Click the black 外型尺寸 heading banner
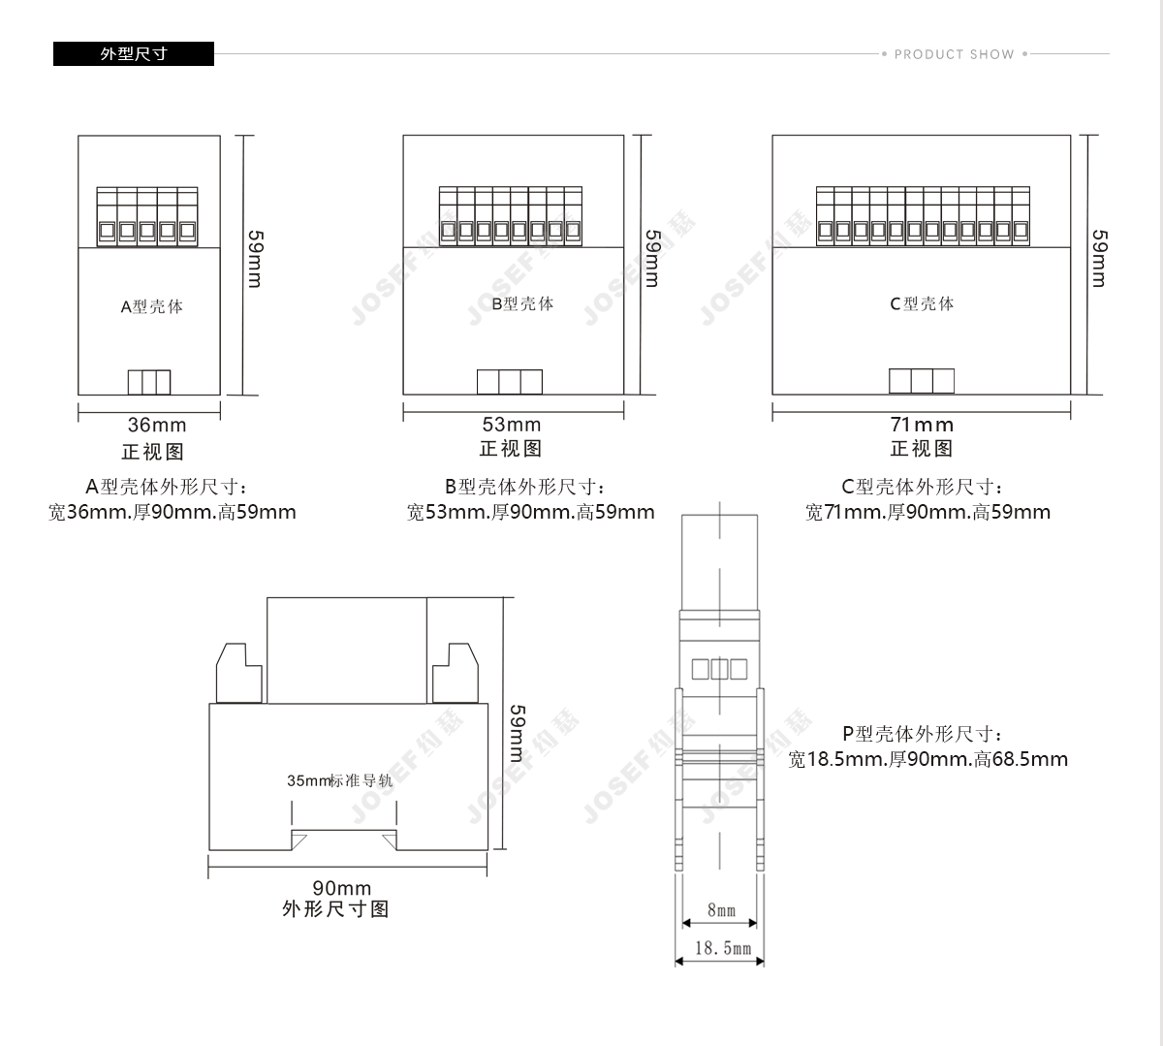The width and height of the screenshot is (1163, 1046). [x=134, y=53]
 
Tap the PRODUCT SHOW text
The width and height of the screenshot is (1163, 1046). [x=955, y=54]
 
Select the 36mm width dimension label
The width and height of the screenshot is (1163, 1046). [x=157, y=426]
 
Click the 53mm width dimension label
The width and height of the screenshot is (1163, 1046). [x=512, y=425]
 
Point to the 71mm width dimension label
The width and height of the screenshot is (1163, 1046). [x=922, y=425]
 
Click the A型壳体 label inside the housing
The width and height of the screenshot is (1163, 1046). [x=152, y=306]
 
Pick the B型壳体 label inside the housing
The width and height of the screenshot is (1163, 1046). [x=522, y=303]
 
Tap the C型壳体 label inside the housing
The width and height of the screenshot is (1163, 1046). [x=922, y=303]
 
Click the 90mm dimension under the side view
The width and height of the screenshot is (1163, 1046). [x=341, y=888]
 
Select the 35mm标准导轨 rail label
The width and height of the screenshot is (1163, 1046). [x=340, y=780]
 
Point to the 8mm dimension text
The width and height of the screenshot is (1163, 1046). [x=721, y=910]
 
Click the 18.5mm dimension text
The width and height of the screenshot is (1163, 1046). [x=723, y=948]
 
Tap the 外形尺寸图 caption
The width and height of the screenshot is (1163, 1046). [x=335, y=909]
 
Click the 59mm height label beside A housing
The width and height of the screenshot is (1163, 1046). [x=255, y=259]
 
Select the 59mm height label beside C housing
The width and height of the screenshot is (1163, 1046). [x=1099, y=259]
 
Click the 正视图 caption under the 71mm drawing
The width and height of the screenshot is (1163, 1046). [x=922, y=449]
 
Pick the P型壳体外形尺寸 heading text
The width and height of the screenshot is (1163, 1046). [x=923, y=734]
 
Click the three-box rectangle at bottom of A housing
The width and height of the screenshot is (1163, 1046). [x=149, y=382]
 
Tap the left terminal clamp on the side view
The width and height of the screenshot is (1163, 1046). [x=238, y=673]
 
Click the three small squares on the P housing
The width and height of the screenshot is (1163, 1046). [x=719, y=669]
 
